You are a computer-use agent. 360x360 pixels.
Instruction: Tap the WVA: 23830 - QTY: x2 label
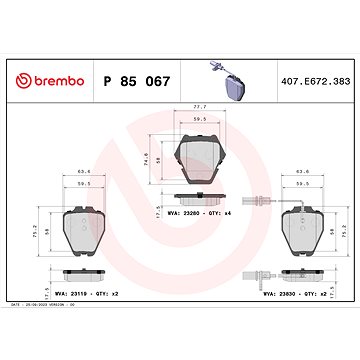pos(299,292)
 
